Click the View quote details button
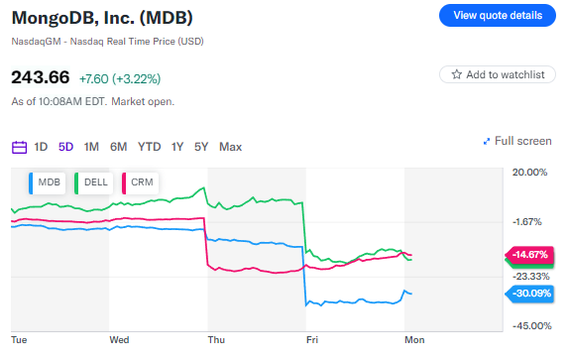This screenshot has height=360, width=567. coord(497,15)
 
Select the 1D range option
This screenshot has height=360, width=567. coord(41,147)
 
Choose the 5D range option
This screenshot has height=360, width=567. coord(66,147)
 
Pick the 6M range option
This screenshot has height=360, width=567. coord(119,147)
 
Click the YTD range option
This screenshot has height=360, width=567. coord(150,147)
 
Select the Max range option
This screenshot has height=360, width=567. coord(230,147)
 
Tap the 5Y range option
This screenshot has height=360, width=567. coord(201,147)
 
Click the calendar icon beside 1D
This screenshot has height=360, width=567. coord(19,147)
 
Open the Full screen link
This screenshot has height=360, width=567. coord(516,141)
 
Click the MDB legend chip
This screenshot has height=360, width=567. coord(45,183)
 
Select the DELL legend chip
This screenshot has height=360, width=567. coord(90,183)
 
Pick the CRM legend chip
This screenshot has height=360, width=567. coord(137,183)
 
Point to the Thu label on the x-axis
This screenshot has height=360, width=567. coord(216,339)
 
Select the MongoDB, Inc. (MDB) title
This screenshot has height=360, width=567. coord(102,18)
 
